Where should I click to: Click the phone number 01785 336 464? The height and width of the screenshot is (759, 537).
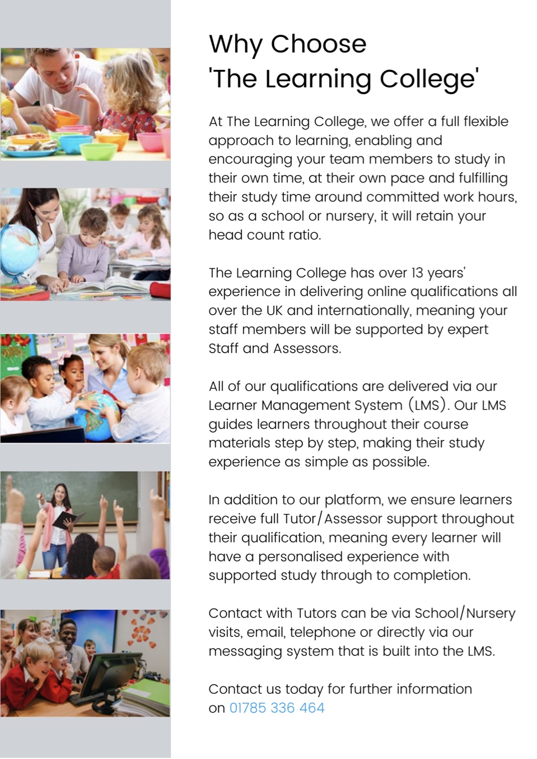point(277,708)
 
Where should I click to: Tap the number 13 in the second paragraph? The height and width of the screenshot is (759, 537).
point(417,273)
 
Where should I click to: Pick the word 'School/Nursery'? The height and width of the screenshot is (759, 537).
point(465,613)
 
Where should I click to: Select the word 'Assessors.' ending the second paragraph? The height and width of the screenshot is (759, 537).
point(307,349)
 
